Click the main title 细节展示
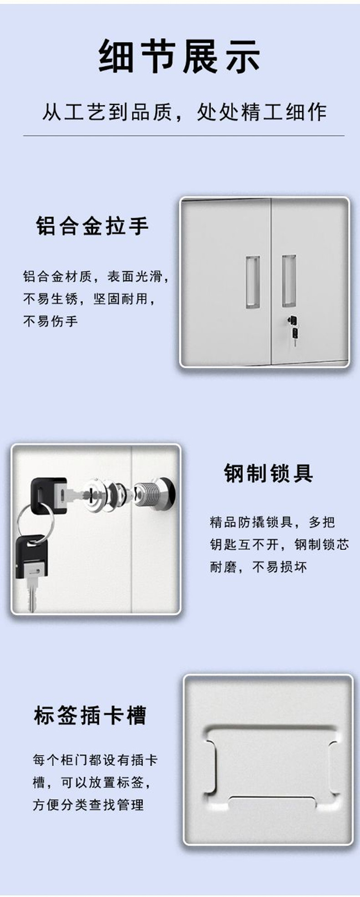[180, 56]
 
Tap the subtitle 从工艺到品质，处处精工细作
[185, 112]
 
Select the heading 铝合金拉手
[93, 226]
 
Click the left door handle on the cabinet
[253, 282]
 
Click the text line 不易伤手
[51, 321]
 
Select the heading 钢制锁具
[268, 473]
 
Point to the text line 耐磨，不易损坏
[258, 567]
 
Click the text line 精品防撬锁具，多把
[273, 522]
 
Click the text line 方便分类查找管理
[88, 805]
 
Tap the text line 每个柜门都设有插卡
[95, 759]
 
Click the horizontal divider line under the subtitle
[184, 136]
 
